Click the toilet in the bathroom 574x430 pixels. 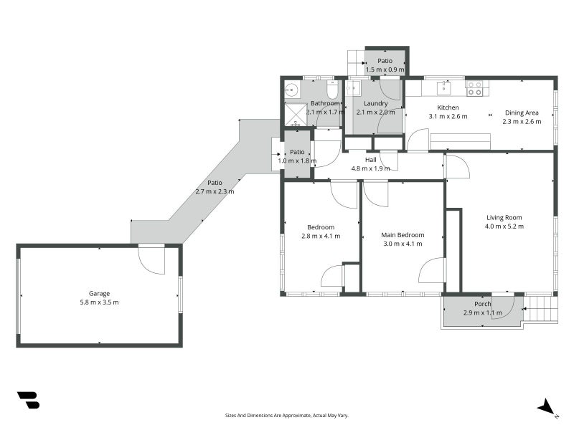(332, 90)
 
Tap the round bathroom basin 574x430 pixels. (291, 90)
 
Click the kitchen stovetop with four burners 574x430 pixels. (475, 88)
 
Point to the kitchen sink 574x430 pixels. (445, 87)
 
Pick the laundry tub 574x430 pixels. (352, 88)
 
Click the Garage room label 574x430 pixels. (99, 293)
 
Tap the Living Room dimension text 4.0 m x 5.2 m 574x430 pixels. (504, 226)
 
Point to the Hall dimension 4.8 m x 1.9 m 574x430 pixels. (370, 168)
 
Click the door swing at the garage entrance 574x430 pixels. (153, 259)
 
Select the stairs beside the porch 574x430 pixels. (542, 309)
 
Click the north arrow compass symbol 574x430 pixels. (547, 406)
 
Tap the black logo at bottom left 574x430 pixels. (28, 400)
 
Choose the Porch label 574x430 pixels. (482, 304)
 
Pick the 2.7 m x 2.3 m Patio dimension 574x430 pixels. (215, 191)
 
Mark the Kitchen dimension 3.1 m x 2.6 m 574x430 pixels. (448, 116)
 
